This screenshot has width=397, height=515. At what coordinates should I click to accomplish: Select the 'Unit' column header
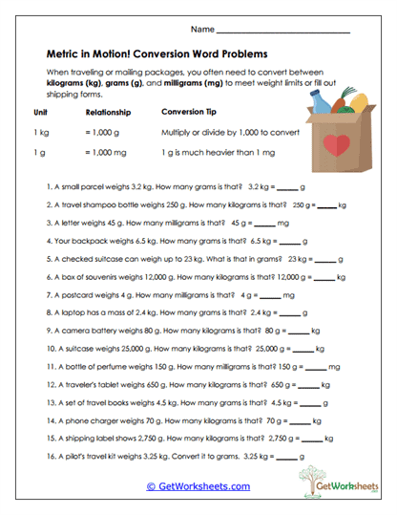[x=41, y=112]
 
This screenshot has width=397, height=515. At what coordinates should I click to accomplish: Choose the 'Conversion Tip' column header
[x=192, y=112]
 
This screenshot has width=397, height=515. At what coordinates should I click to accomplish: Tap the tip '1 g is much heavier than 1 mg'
[x=211, y=153]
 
